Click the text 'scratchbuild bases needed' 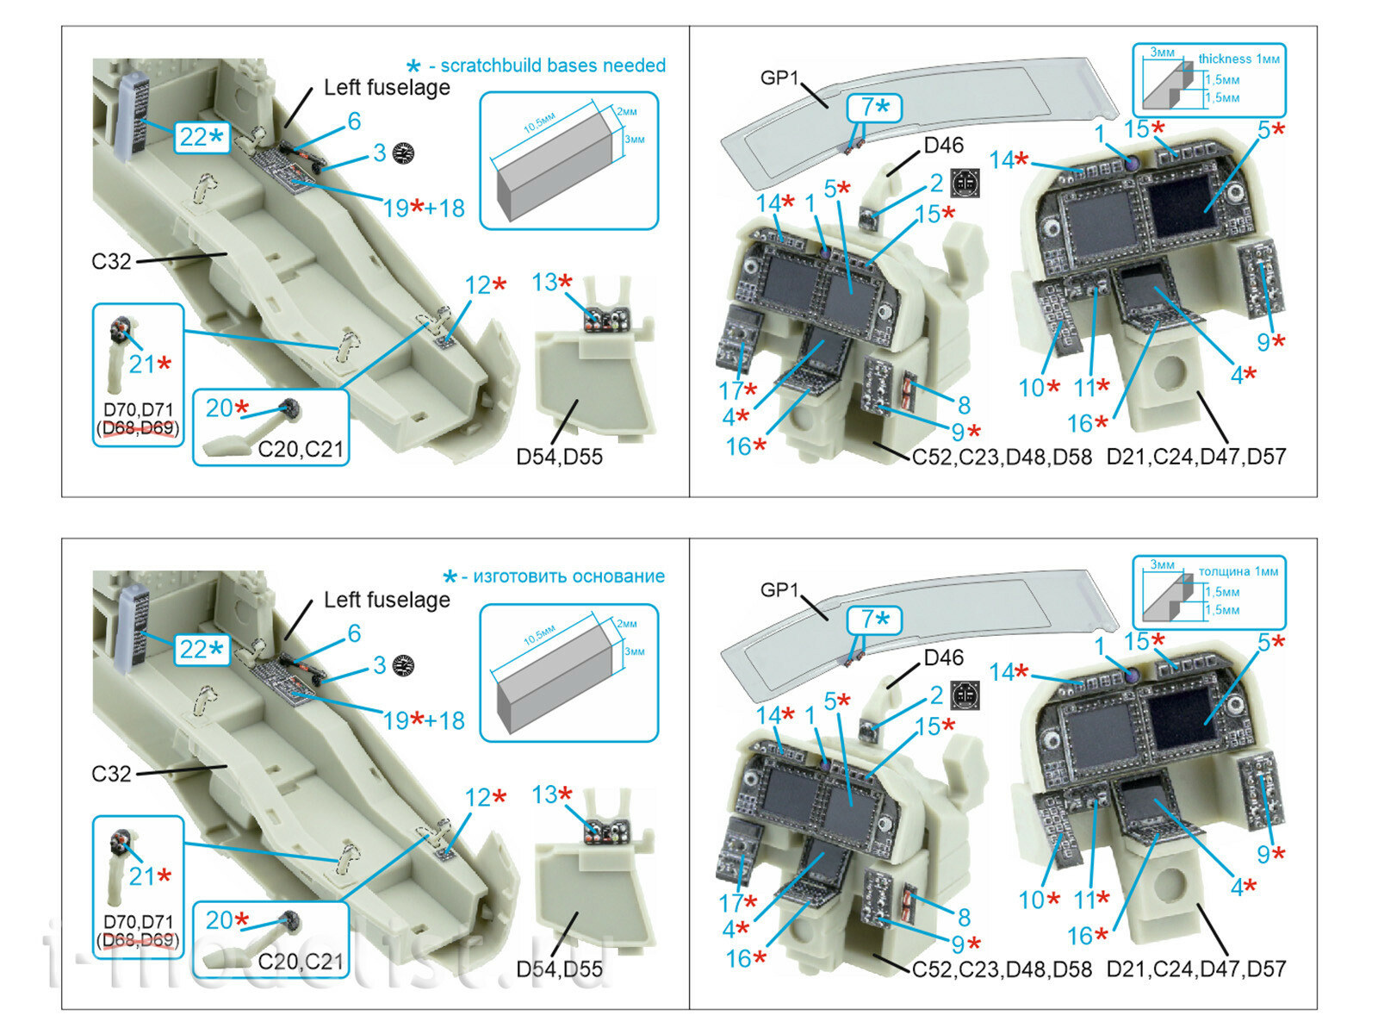click(x=552, y=65)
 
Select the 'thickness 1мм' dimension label click(x=1238, y=59)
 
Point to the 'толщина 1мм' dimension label click(x=1238, y=571)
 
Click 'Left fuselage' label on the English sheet click(x=387, y=88)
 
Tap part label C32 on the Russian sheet click(x=111, y=774)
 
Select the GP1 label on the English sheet click(x=779, y=78)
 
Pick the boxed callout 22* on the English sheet click(x=202, y=137)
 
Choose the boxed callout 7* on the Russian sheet click(x=874, y=620)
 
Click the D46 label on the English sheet click(x=943, y=146)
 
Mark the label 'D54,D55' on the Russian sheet click(x=559, y=969)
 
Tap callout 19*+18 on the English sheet click(x=423, y=208)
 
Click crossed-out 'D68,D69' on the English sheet click(x=139, y=428)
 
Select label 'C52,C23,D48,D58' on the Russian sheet click(x=1002, y=969)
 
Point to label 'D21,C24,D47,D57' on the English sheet click(x=1195, y=457)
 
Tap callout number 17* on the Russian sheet click(x=737, y=903)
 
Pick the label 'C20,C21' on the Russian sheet click(x=301, y=962)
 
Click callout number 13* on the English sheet click(x=551, y=283)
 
